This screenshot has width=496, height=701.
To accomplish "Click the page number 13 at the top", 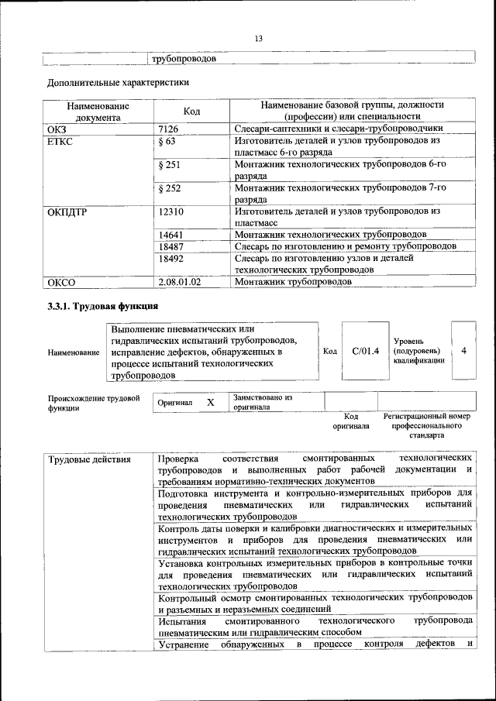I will click(259, 39).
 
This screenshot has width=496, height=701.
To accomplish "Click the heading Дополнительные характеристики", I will click(118, 81).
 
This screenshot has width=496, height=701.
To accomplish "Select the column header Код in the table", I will click(191, 112).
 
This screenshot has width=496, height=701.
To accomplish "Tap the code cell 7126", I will click(167, 129).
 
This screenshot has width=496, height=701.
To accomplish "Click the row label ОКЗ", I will click(57, 129).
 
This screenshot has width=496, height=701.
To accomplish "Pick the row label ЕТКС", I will click(60, 142).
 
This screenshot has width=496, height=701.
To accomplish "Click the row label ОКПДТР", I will click(66, 211).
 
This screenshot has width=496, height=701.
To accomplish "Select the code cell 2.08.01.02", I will click(179, 282).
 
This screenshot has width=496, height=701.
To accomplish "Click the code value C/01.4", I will click(365, 351).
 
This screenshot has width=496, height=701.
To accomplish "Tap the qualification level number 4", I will click(463, 351).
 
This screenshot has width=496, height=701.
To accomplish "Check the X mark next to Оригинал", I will click(210, 403).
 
